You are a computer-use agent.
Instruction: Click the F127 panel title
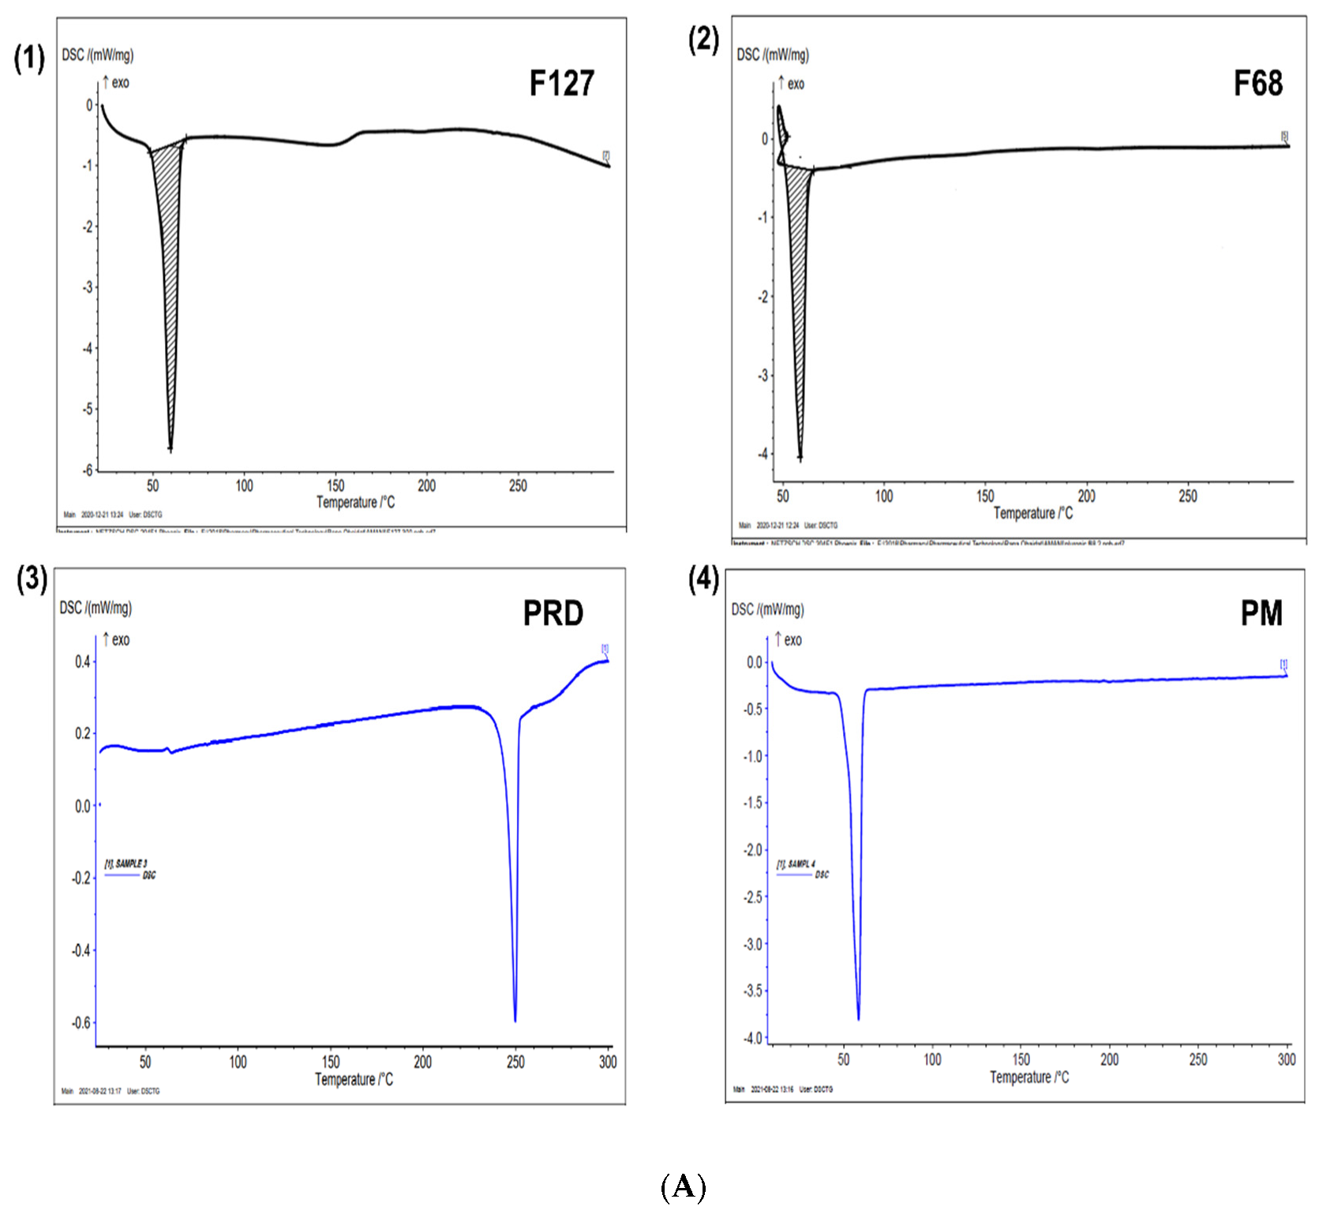[561, 84]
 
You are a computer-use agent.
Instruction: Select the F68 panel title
[1257, 84]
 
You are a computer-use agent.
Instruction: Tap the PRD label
[553, 613]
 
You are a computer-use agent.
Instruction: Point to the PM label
[1261, 613]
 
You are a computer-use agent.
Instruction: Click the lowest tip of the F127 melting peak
[170, 449]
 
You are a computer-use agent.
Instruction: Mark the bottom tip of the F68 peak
[800, 459]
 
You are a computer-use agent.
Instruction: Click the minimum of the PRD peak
[515, 1021]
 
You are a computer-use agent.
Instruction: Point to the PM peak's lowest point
[858, 1019]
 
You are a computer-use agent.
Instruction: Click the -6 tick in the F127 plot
[88, 470]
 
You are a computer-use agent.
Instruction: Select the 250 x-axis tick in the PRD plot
[515, 1062]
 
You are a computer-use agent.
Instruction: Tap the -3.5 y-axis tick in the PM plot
[754, 991]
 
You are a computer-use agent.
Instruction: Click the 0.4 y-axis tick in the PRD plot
[83, 661]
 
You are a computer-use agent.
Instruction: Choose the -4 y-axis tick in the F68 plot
[763, 455]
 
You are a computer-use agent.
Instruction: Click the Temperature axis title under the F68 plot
[1032, 514]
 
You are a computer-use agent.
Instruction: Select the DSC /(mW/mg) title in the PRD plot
[96, 608]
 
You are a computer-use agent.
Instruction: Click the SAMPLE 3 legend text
[126, 864]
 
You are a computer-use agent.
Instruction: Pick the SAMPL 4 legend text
[797, 864]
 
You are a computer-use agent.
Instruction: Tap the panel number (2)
[703, 39]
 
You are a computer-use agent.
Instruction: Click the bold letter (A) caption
[683, 1186]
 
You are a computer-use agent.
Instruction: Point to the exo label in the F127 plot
[120, 83]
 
